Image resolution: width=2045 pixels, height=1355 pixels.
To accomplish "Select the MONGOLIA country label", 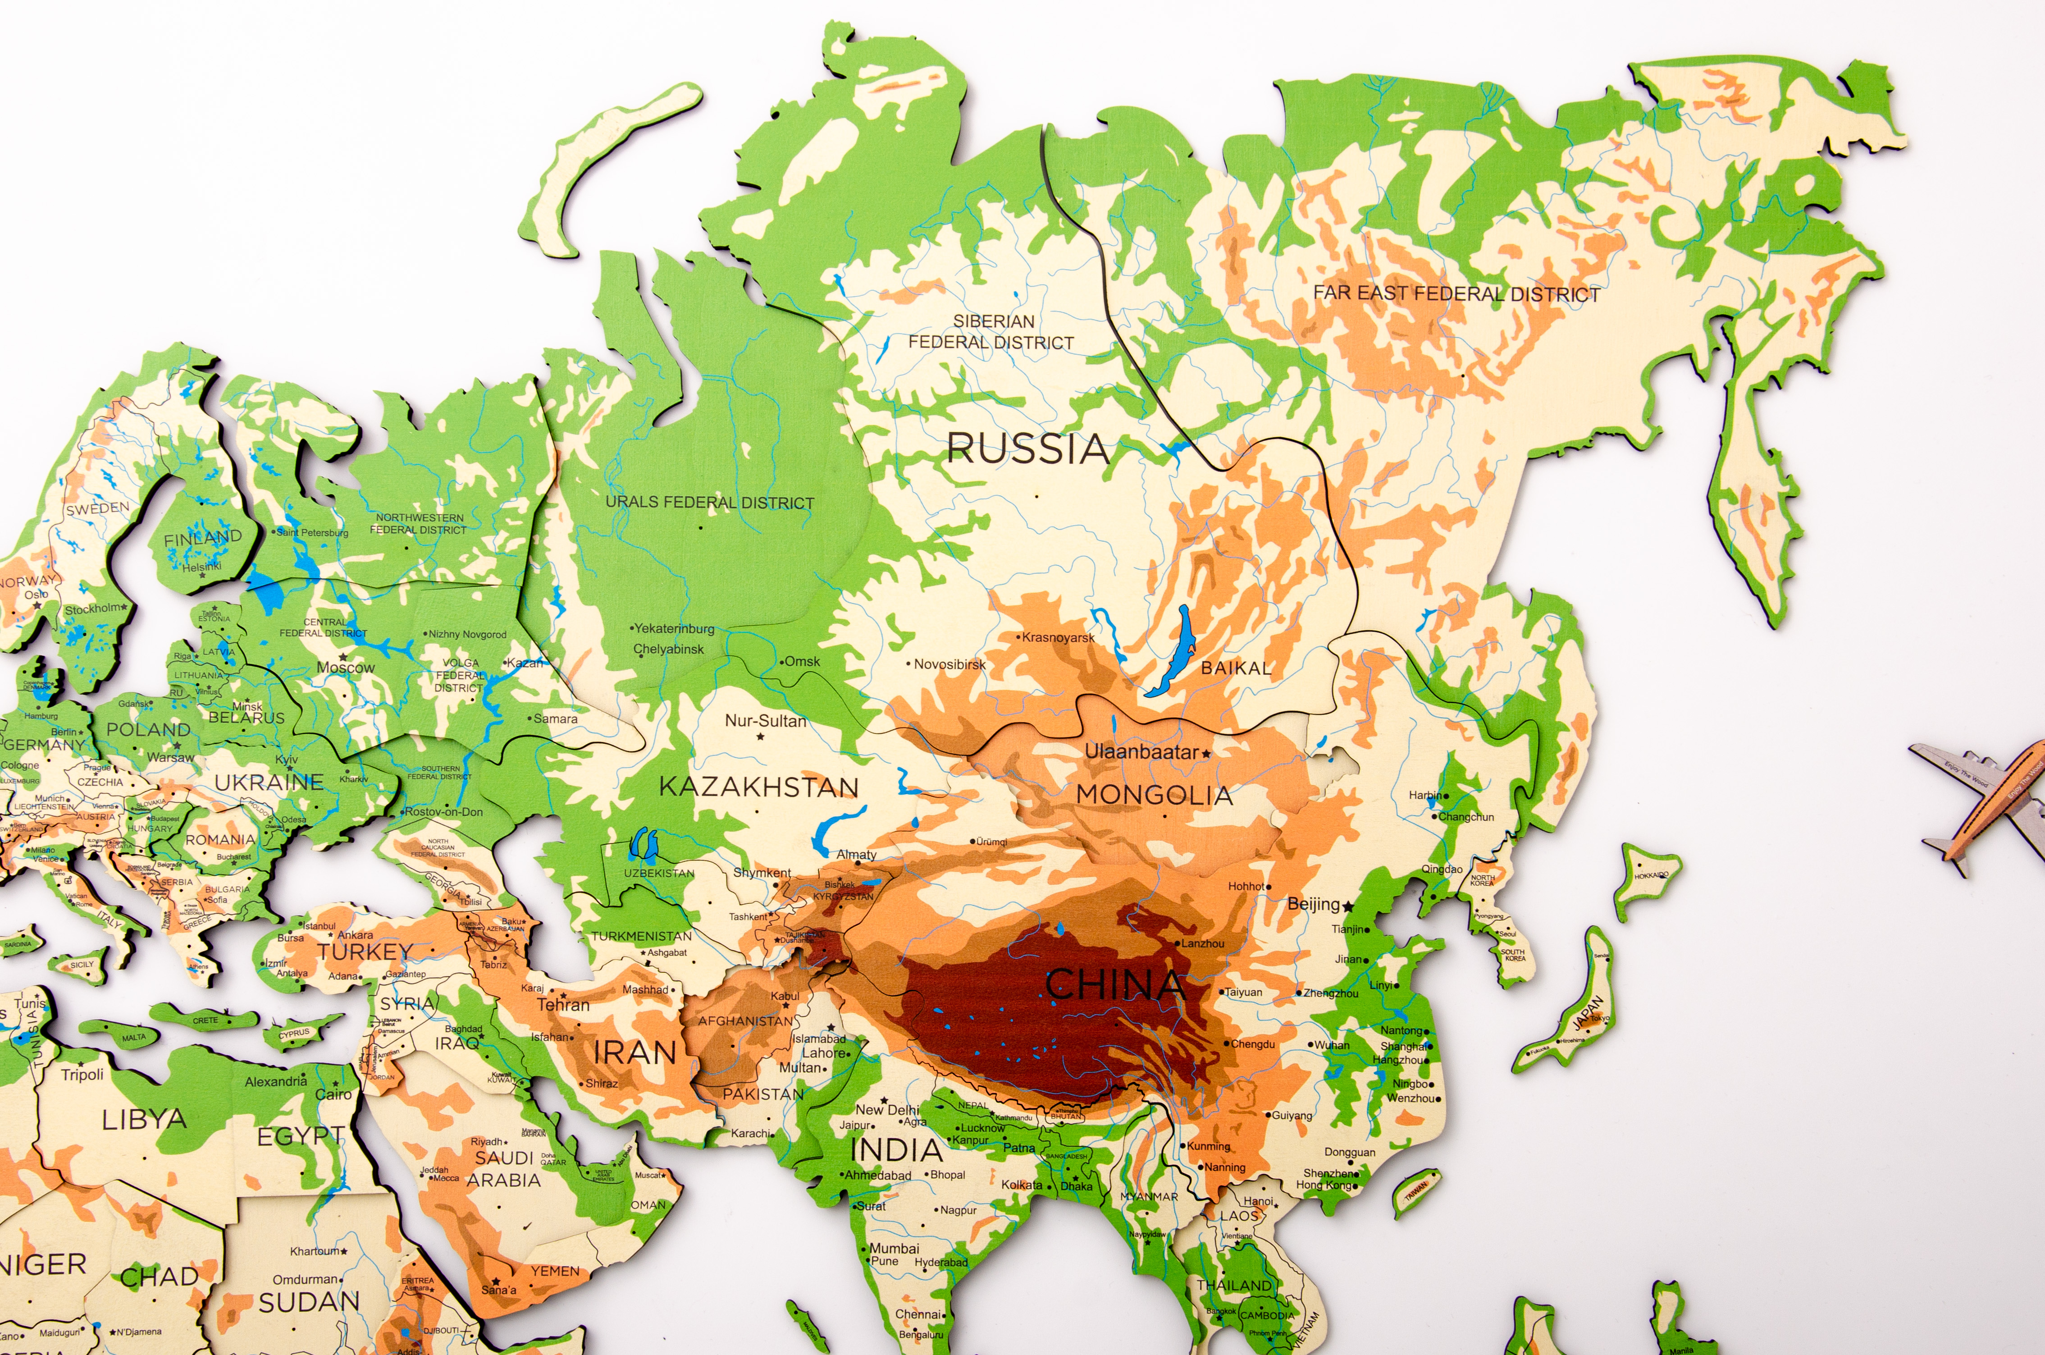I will (x=1154, y=795).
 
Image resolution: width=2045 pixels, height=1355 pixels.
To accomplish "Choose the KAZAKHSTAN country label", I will (x=758, y=787).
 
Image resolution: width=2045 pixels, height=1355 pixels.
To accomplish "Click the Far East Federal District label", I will (x=1456, y=294).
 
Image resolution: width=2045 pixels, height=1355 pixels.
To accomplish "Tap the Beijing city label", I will (x=1313, y=904).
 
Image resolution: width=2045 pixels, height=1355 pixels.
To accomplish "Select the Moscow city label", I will (x=346, y=667).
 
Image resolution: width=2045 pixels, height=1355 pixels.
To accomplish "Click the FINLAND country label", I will (x=203, y=537).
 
